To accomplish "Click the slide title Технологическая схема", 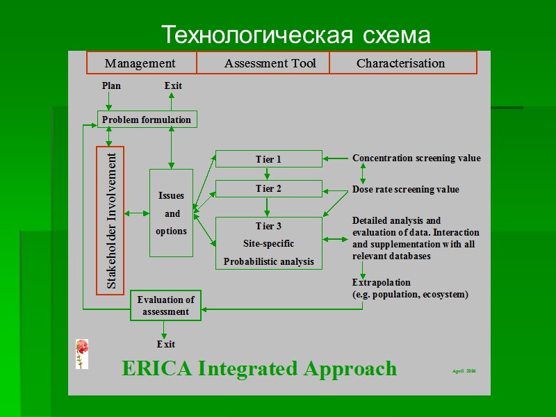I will [295, 34].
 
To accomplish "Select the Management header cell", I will [141, 63].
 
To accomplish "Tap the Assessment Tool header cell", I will [270, 63].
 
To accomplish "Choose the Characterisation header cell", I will [401, 63].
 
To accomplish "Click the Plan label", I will [111, 85].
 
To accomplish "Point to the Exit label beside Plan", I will [173, 85].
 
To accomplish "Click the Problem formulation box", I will [147, 120].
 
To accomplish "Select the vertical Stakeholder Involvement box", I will [110, 220].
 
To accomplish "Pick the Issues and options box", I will [171, 213].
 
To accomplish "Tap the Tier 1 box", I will [268, 159].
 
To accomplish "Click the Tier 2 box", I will [268, 188].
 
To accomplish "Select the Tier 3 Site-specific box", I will [268, 243].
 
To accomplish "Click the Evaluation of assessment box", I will [165, 306].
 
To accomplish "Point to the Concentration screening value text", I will [416, 158].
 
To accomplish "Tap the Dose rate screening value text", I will [406, 189].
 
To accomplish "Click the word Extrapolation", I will [382, 282].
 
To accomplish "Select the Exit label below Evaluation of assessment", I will [165, 344].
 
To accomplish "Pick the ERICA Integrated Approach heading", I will [259, 368].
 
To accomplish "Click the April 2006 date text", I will [464, 371].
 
